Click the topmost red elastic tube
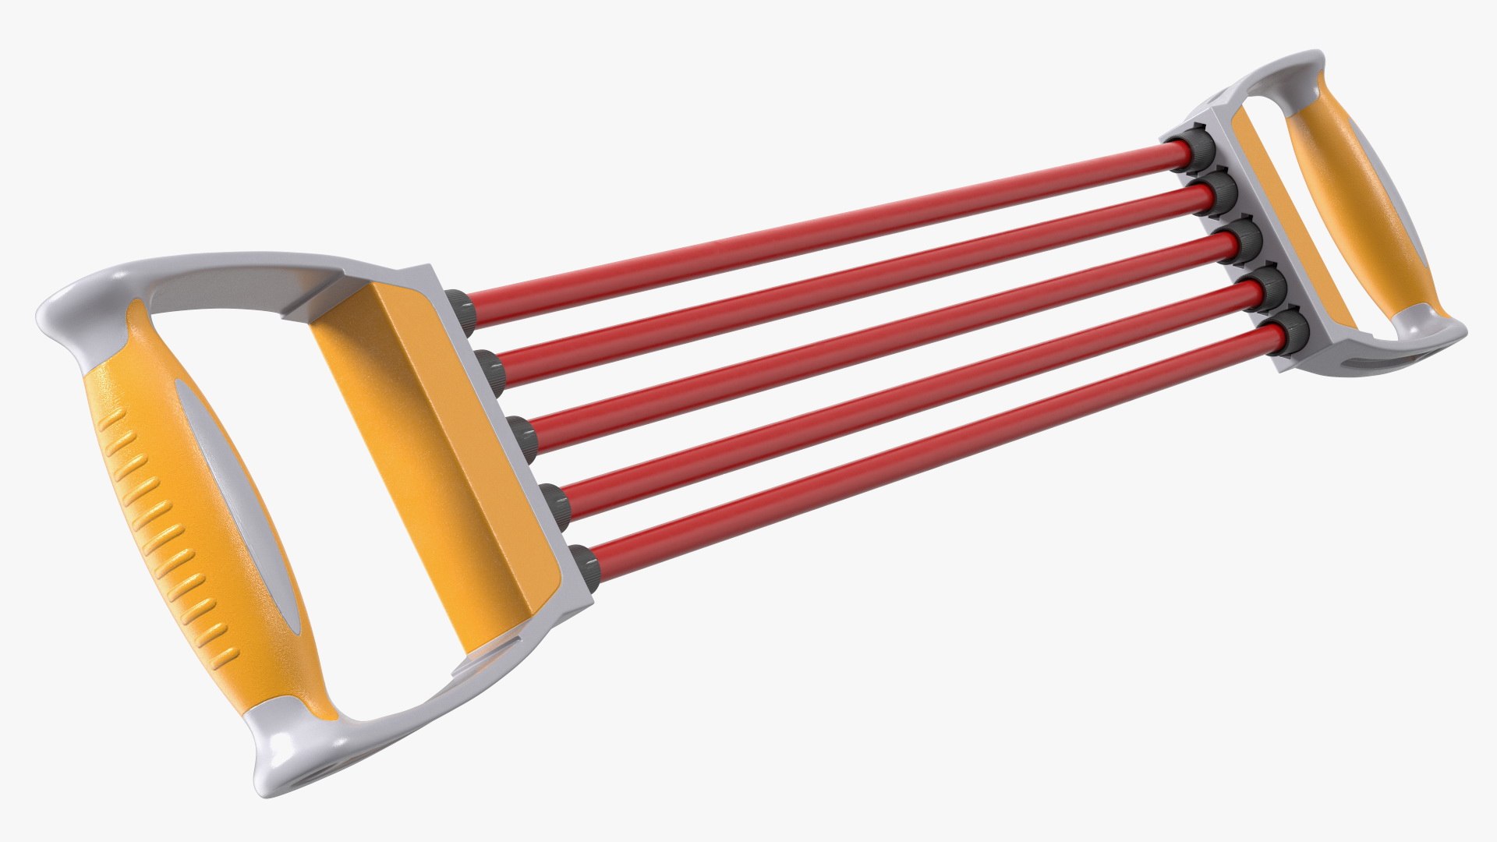[x=819, y=226]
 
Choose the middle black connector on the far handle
[x=1245, y=236]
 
